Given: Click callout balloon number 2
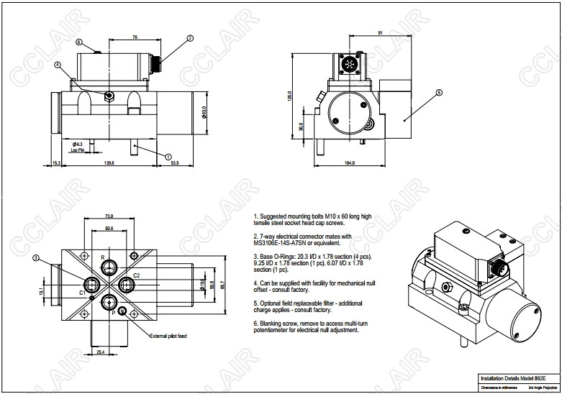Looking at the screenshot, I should [x=190, y=37].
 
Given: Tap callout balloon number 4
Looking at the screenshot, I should [x=58, y=65].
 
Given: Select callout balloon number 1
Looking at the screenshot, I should [x=168, y=156].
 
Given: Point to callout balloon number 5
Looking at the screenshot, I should [x=440, y=92].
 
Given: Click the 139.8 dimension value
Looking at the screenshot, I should [x=109, y=163].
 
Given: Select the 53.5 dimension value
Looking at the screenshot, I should [x=175, y=163].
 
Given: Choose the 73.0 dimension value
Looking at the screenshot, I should [x=109, y=216].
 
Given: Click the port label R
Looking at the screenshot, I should [x=102, y=257].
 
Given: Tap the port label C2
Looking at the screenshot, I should [x=137, y=275].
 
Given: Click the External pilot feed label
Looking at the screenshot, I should [x=168, y=336].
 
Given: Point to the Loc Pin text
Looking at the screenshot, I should [x=78, y=150].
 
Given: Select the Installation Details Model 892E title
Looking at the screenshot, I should [x=512, y=377].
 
